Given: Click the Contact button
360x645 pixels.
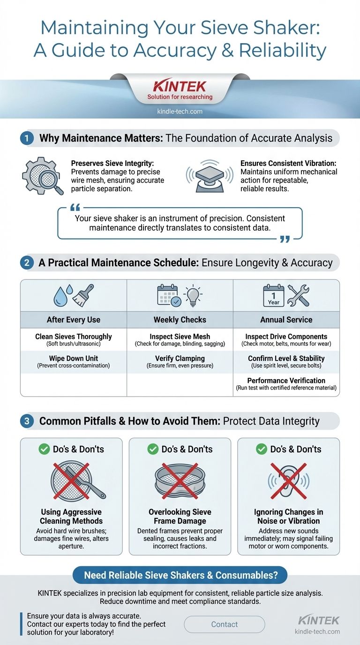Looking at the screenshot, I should click(x=225, y=624).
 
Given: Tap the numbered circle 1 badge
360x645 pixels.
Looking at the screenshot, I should click(x=26, y=138).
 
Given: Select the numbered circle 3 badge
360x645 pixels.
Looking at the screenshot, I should click(x=26, y=421).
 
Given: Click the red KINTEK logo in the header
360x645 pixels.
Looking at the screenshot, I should click(x=180, y=86).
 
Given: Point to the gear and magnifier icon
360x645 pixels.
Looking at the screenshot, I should click(x=43, y=176).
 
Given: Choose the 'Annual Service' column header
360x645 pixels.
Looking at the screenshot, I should click(x=286, y=320).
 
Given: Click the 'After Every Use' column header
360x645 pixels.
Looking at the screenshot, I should click(x=74, y=320).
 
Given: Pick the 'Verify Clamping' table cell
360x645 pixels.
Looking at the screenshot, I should click(x=180, y=361).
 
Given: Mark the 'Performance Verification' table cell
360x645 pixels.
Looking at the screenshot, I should click(x=286, y=383).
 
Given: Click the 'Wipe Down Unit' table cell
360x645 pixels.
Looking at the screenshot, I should click(x=74, y=361).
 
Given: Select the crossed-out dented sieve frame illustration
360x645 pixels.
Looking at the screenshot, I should click(x=180, y=481).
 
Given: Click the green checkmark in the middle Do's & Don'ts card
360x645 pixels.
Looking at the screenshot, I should click(x=153, y=449).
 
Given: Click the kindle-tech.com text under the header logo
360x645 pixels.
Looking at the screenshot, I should click(x=180, y=112).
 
